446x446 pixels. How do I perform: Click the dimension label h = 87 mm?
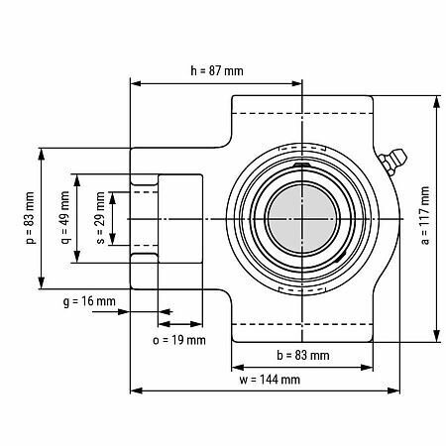(217, 71)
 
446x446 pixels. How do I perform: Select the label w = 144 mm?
(270, 380)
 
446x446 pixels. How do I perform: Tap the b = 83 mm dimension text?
(303, 356)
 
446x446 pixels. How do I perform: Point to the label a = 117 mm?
(425, 216)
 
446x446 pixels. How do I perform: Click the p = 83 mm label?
(30, 218)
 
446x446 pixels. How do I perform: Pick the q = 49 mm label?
(65, 218)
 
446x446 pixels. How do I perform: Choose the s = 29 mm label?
(101, 218)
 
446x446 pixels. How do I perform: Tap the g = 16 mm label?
(89, 301)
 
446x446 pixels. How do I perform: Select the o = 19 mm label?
(179, 340)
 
